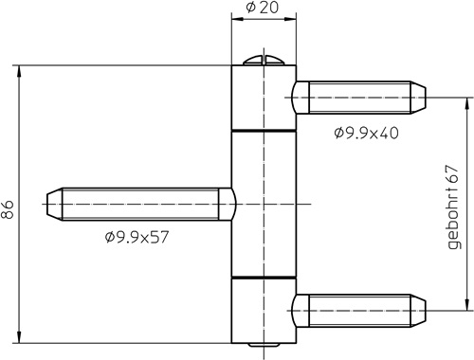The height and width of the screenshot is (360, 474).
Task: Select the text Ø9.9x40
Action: coord(366,133)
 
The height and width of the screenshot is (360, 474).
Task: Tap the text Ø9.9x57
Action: coord(137,236)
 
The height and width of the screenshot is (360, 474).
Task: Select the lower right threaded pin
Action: coord(360,309)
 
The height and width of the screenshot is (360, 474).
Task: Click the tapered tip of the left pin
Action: coord(51,203)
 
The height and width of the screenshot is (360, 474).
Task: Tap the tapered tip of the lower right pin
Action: coord(419,309)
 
